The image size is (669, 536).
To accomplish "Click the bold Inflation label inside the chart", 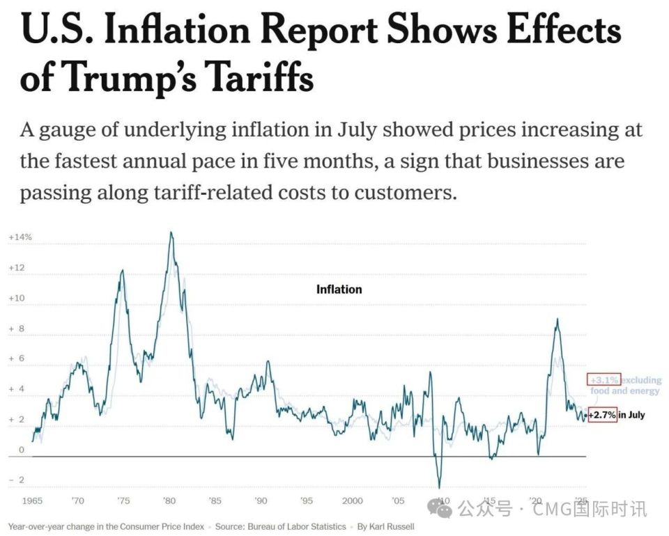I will click(x=339, y=289).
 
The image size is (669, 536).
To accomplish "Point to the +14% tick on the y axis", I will click(x=20, y=237).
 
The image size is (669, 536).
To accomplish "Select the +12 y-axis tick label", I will click(x=17, y=268).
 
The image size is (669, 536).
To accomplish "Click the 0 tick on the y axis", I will click(x=22, y=450).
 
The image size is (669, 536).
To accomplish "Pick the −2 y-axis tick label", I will click(x=17, y=480).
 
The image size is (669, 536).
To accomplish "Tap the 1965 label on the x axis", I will click(x=32, y=500).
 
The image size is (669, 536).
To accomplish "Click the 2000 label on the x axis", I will click(x=353, y=500).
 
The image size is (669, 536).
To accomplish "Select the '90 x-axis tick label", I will click(x=261, y=500).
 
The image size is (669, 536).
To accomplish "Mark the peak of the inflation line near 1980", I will click(x=171, y=232).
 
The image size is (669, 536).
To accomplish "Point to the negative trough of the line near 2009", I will click(x=440, y=487).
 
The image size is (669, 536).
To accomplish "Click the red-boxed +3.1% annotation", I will click(x=603, y=380).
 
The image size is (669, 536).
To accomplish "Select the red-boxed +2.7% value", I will click(x=602, y=416).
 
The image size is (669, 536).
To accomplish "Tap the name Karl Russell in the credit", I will click(x=391, y=527).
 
